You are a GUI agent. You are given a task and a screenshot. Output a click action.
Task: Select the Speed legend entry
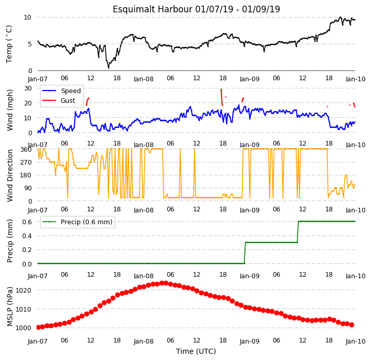(x=61, y=91)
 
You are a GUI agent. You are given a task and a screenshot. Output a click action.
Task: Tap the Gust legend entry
(x=59, y=100)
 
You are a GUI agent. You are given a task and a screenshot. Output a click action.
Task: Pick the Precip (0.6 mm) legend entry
(x=77, y=222)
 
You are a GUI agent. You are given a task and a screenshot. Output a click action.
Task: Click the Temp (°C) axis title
(x=9, y=44)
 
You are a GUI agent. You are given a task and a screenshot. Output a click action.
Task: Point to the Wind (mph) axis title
(x=10, y=110)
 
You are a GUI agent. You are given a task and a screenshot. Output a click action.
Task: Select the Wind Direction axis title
(x=10, y=175)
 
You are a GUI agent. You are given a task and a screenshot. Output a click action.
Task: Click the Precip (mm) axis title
(x=10, y=241)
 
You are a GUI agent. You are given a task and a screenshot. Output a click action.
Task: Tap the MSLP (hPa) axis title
(x=10, y=307)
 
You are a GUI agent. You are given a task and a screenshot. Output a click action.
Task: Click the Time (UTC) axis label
(x=196, y=351)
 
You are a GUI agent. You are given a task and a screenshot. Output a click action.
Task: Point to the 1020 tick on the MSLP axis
(x=24, y=290)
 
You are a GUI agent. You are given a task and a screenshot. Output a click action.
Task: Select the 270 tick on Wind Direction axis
(x=26, y=163)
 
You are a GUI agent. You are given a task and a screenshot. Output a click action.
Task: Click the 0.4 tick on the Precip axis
(x=27, y=236)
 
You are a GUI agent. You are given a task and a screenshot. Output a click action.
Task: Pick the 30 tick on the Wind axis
(x=28, y=88)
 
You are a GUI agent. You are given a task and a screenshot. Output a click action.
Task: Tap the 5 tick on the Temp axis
(x=30, y=44)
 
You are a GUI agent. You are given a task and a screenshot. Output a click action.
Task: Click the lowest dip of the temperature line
(x=109, y=68)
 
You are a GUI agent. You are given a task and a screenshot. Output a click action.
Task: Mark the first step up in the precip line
(x=245, y=253)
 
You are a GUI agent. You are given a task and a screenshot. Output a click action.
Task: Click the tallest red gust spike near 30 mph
(x=222, y=97)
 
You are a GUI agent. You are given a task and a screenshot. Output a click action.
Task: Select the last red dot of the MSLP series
(x=352, y=325)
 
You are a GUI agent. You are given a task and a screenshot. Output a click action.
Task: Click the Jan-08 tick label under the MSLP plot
(x=144, y=341)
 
